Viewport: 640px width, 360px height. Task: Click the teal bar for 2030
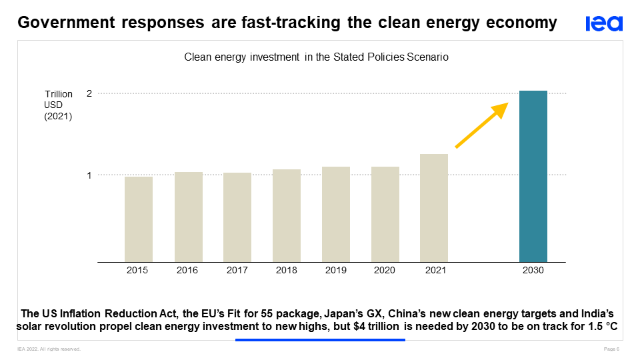point(533,177)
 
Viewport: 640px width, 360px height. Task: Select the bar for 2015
point(139,219)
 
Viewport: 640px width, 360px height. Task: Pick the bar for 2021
point(434,208)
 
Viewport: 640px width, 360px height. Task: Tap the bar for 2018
point(287,215)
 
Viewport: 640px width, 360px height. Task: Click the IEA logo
point(604,24)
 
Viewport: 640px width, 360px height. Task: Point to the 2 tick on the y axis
point(89,93)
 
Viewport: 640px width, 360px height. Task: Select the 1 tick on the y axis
point(89,175)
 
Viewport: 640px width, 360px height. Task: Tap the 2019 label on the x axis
point(336,271)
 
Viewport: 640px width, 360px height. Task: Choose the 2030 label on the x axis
point(533,271)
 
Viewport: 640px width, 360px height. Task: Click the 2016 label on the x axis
point(187,271)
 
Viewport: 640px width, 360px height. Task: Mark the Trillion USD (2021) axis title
point(58,105)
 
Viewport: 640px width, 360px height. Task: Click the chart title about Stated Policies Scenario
point(316,57)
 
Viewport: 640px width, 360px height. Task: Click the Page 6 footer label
point(611,349)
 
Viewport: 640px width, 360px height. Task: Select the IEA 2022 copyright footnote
point(49,349)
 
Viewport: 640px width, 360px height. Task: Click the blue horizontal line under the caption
point(320,340)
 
